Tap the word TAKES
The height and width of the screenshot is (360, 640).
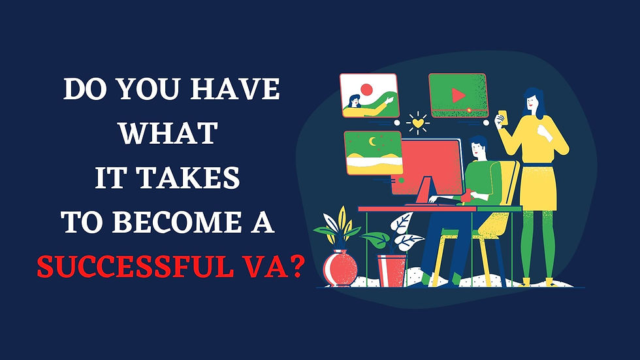[200, 178]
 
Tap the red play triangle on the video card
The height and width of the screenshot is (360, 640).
[458, 96]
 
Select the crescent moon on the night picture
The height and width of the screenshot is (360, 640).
[372, 141]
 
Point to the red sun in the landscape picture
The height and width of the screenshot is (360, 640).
[366, 89]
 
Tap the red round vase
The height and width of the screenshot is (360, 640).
[340, 268]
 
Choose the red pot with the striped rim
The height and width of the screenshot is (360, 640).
[392, 269]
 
